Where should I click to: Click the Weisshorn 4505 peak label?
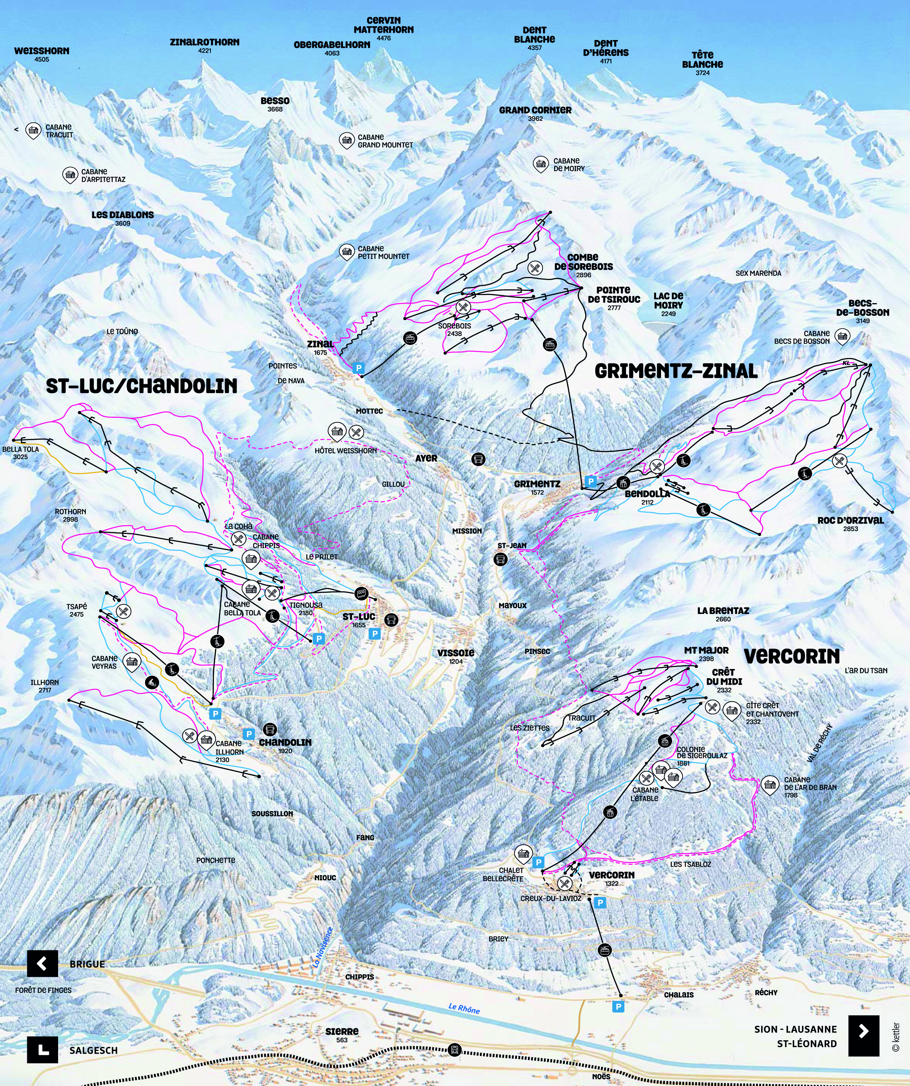coord(42,54)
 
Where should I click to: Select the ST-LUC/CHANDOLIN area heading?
coord(142,386)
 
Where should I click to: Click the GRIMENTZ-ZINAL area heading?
coord(676,371)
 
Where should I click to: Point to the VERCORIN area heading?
coord(791,656)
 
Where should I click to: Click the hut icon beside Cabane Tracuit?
coord(33,130)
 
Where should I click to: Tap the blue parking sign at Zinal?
coord(358,368)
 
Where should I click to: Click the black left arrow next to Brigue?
coord(42,963)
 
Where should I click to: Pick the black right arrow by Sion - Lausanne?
coord(863,1031)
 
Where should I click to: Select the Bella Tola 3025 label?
coord(21,452)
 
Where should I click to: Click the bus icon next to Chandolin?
coord(269,730)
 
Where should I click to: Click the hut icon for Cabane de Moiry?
coord(541,164)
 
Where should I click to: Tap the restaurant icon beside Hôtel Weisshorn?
coord(356,432)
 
